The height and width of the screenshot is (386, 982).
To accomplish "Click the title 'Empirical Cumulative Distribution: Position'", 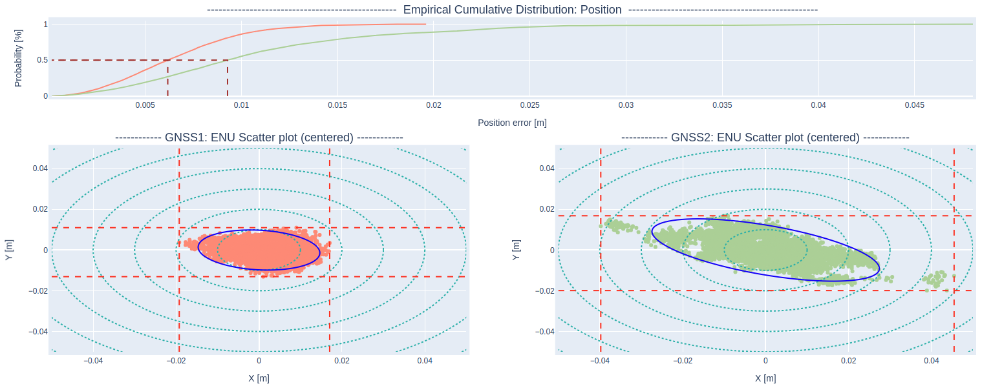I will point(512,10).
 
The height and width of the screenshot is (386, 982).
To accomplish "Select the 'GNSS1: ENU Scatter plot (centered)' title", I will point(259,137).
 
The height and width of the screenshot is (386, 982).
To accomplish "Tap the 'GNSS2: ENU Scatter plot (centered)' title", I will point(765,137).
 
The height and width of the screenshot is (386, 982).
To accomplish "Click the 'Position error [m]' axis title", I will point(512,123).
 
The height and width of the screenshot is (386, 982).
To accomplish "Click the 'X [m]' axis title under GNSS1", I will point(259,378).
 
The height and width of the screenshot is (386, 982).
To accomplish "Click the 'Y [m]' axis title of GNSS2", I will point(515,249).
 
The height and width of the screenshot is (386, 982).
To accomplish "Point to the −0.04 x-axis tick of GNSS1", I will point(94,361).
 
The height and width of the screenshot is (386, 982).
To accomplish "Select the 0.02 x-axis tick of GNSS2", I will point(848,361).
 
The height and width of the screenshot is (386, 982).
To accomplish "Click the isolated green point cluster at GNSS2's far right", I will point(935,279).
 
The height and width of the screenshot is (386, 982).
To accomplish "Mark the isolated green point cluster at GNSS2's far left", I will point(619,225).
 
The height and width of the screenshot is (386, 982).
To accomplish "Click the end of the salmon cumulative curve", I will point(425,25).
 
